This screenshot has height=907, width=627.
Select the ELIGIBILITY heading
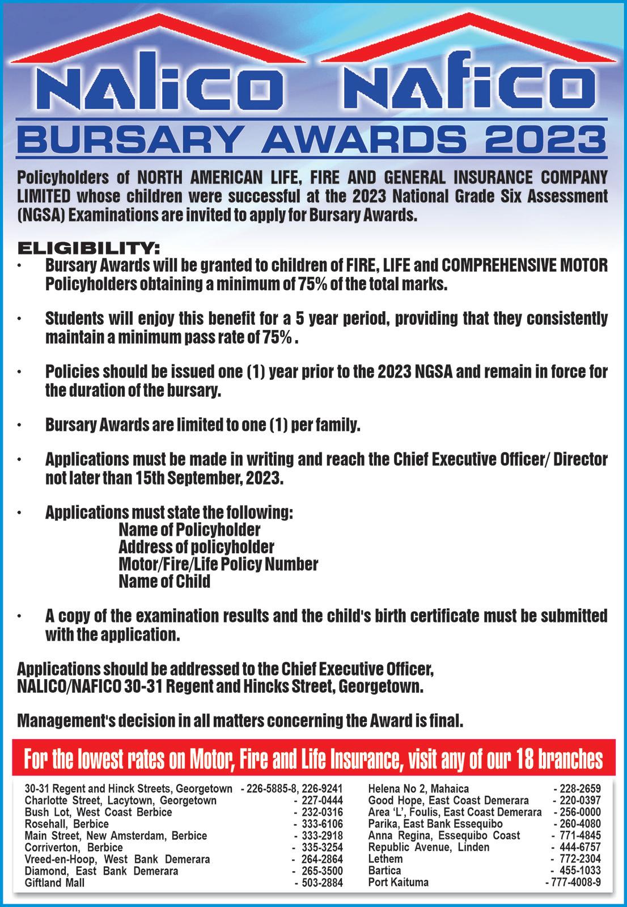(89, 248)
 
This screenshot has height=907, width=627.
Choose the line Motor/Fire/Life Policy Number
(218, 565)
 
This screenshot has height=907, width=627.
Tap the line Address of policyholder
(196, 547)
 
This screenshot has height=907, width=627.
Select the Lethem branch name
(385, 859)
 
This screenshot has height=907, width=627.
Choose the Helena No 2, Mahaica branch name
(418, 789)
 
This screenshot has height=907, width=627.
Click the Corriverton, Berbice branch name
(74, 847)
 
